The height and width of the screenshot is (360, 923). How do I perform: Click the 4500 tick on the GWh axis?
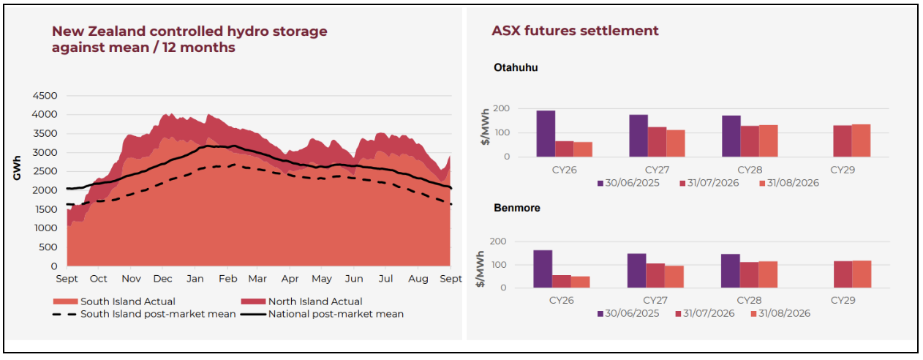pyautogui.click(x=45, y=96)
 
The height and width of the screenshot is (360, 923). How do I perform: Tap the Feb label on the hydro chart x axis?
pyautogui.click(x=228, y=279)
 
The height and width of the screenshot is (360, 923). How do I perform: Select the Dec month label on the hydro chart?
pyautogui.click(x=163, y=279)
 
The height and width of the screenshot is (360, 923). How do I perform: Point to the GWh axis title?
pyautogui.click(x=17, y=168)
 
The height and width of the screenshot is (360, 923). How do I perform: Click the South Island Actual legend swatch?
pyautogui.click(x=66, y=301)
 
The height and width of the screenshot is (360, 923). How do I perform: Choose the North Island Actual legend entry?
pyautogui.click(x=301, y=301)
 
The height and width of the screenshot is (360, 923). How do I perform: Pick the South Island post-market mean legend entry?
pyautogui.click(x=144, y=314)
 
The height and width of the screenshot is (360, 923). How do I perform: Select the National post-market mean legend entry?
pyautogui.click(x=323, y=314)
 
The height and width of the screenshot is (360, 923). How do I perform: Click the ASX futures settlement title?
pyautogui.click(x=575, y=31)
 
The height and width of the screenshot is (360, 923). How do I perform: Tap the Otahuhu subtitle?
pyautogui.click(x=516, y=67)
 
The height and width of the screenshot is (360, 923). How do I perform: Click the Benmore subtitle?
pyautogui.click(x=517, y=207)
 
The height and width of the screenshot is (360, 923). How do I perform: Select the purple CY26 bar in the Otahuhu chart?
pyautogui.click(x=546, y=134)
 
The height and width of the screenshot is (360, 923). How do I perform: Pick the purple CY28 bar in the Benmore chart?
pyautogui.click(x=730, y=271)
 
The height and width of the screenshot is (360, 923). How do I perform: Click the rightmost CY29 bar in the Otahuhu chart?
pyautogui.click(x=861, y=140)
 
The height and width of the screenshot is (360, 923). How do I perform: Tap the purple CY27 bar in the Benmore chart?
pyautogui.click(x=636, y=271)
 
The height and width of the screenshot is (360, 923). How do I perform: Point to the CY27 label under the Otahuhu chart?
pyautogui.click(x=658, y=170)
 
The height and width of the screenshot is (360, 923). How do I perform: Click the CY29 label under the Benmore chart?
pyautogui.click(x=843, y=300)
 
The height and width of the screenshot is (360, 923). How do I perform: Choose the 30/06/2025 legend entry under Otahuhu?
pyautogui.click(x=629, y=183)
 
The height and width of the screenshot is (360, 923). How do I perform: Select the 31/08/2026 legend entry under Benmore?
pyautogui.click(x=781, y=313)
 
